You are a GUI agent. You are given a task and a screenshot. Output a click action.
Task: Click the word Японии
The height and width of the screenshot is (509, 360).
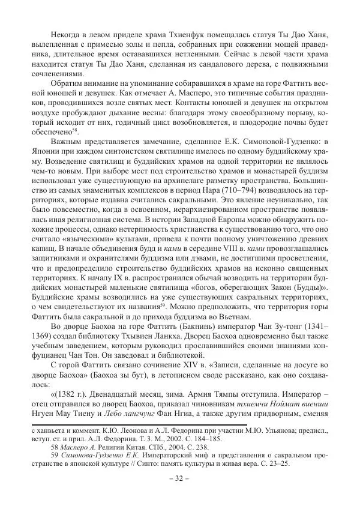pos(47,152)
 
